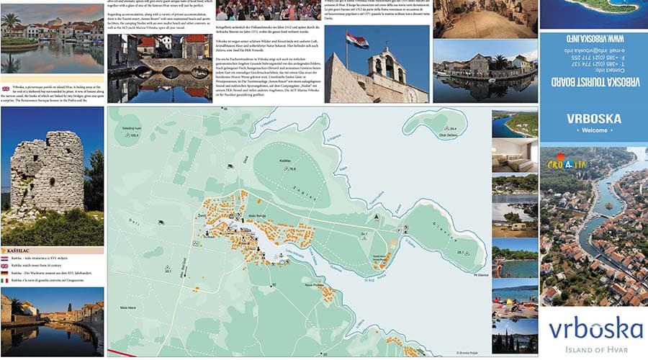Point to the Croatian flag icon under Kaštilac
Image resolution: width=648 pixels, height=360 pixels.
(6, 258)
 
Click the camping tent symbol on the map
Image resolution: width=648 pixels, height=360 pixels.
(376, 216)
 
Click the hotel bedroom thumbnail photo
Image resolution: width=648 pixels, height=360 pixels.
(514, 155)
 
